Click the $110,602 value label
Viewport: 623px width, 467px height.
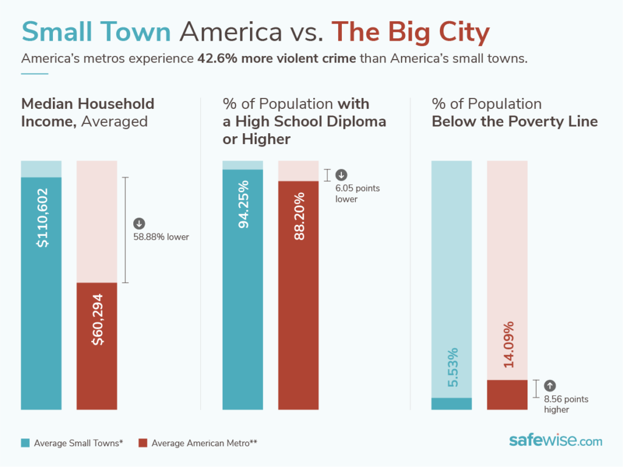[41, 218]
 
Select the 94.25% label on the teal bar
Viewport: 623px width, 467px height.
[243, 204]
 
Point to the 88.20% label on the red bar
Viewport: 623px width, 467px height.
[298, 216]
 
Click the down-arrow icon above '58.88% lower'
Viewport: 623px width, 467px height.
[139, 224]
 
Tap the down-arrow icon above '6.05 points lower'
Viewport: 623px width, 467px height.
[341, 175]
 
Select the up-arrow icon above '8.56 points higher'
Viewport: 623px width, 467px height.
[550, 385]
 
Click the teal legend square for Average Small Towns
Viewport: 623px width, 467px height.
[26, 443]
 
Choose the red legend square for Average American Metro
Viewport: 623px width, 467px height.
[143, 443]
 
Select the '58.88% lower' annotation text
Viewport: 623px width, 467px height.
[161, 237]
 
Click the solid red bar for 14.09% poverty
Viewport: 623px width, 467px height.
[507, 395]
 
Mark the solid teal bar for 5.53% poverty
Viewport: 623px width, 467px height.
[451, 404]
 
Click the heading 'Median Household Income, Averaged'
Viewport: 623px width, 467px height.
[88, 112]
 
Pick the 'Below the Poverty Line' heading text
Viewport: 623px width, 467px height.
[515, 121]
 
